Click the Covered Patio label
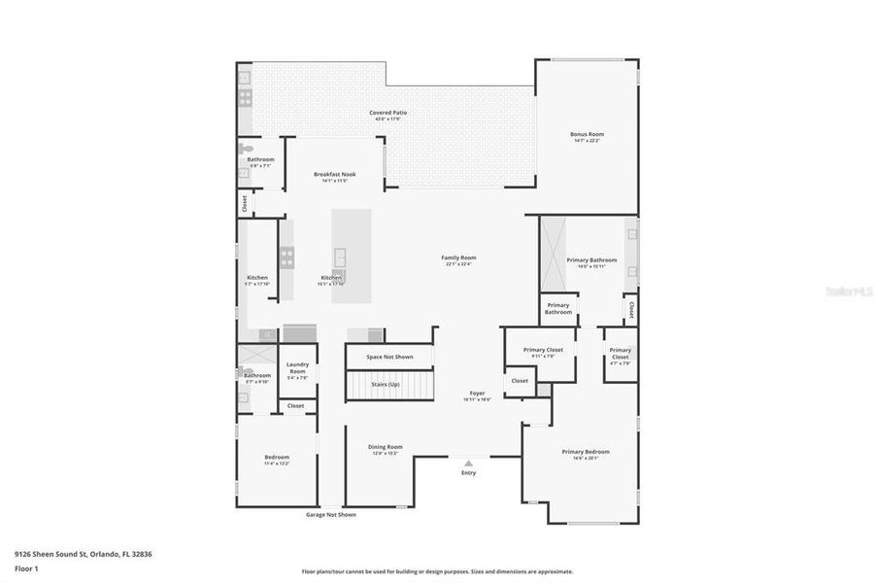pyautogui.click(x=387, y=113)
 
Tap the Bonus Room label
pyautogui.click(x=587, y=134)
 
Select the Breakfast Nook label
pyautogui.click(x=334, y=174)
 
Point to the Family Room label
pyautogui.click(x=460, y=257)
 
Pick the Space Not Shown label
pyautogui.click(x=389, y=357)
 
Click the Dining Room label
pyautogui.click(x=385, y=447)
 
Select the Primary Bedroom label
pyautogui.click(x=586, y=451)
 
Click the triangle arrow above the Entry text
pyautogui.click(x=469, y=463)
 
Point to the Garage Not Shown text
pyautogui.click(x=331, y=514)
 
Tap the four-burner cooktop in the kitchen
pyautogui.click(x=287, y=257)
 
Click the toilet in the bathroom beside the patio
pyautogui.click(x=245, y=150)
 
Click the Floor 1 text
pyautogui.click(x=26, y=568)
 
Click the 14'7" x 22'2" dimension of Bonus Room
pyautogui.click(x=587, y=141)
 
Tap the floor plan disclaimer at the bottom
pyautogui.click(x=437, y=571)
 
